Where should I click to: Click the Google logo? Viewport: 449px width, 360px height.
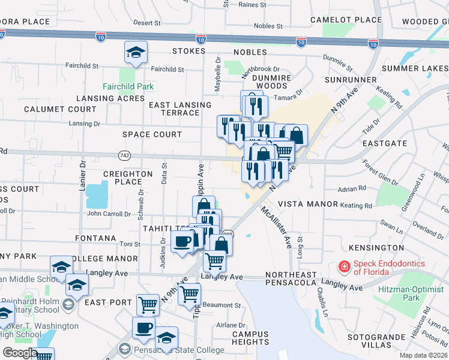coord(19,353)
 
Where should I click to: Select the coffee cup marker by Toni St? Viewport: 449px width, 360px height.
coord(182,242)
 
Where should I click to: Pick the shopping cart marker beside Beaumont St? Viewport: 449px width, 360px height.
coord(189,294)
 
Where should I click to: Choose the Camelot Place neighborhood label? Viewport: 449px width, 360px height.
coord(346,20)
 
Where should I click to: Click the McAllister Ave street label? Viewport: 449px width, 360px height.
coord(277,229)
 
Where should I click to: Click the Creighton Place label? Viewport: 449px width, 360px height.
coord(128,178)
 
